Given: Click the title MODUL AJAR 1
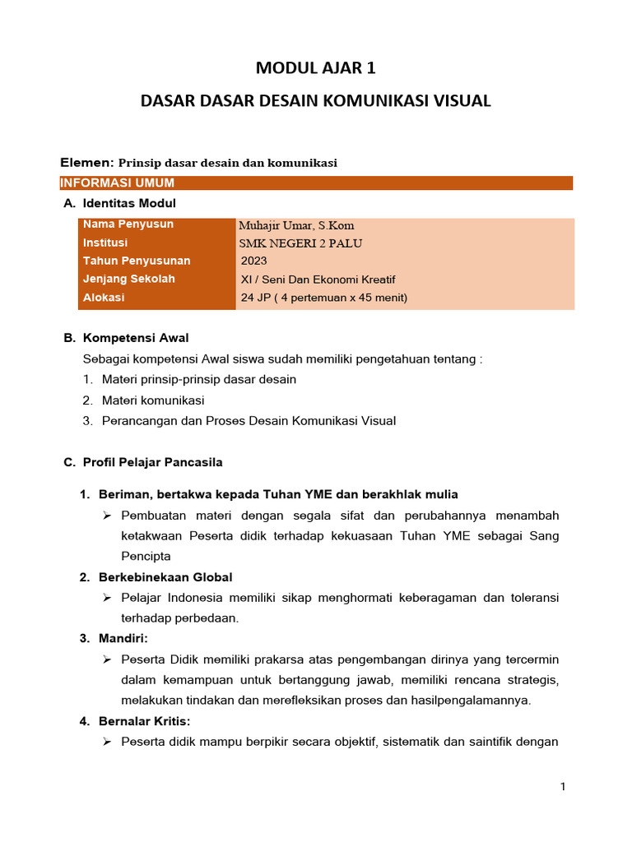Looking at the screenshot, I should point(316,67).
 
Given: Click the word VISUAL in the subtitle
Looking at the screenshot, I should point(456,101).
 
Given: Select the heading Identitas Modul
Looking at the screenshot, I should point(129,203).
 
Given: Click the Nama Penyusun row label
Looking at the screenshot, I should point(128,224).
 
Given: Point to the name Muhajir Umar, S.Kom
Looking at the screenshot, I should point(296,225).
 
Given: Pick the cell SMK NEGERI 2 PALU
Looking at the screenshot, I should point(300,243).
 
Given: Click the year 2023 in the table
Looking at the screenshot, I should point(254,261).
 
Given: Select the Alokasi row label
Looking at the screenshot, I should point(104,298).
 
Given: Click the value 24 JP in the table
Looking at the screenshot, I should point(257,298).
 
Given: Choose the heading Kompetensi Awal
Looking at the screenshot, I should point(136,338).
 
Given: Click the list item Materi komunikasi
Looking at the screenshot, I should point(153,400).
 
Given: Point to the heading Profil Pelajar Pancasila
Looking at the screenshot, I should point(152,462).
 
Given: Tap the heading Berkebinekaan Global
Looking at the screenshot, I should point(165,577).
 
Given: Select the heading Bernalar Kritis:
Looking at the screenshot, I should point(144,721).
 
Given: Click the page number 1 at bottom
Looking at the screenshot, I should point(563,787).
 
